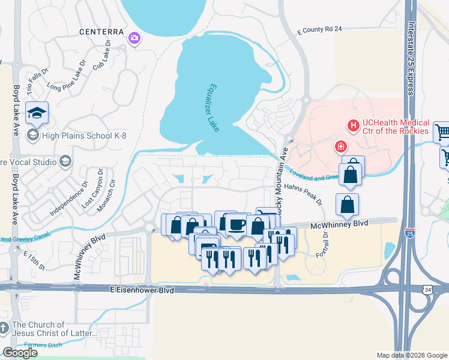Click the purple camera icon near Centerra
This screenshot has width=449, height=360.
tap(134, 39)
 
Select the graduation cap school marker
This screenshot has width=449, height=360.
tap(37, 113)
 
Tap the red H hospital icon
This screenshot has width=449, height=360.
tap(353, 125)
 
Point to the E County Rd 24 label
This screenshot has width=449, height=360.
tap(319, 29)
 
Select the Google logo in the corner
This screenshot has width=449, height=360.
tap(20, 353)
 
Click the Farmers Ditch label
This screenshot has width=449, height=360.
tap(43, 344)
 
